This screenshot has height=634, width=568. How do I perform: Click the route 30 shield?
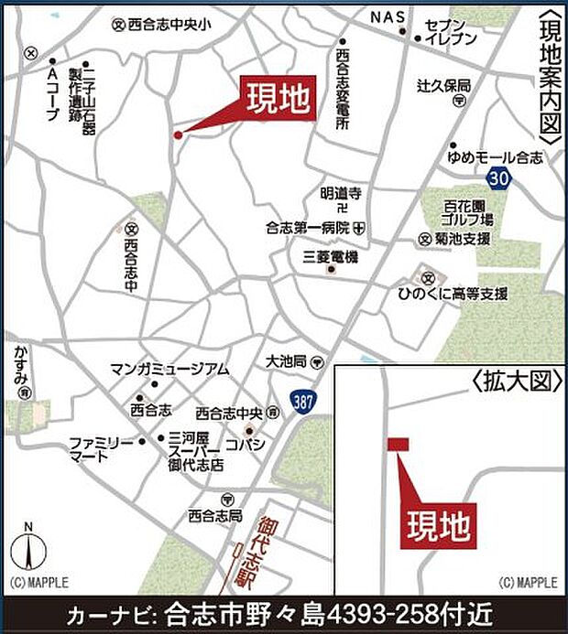coord(498,177)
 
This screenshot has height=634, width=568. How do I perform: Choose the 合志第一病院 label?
coord(308,227)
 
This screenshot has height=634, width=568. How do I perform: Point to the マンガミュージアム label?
coord(169,369)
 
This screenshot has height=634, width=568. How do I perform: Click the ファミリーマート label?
coord(102,448)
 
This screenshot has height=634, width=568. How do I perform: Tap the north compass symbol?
coord(29,550)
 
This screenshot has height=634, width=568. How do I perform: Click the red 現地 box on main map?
coord(279,99)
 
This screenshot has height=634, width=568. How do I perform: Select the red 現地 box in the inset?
coord(438,525)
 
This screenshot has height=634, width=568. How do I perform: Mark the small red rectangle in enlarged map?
coord(398,444)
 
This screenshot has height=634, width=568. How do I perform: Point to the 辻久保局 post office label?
coord(444,85)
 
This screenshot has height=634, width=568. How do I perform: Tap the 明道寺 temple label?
coord(341,193)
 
